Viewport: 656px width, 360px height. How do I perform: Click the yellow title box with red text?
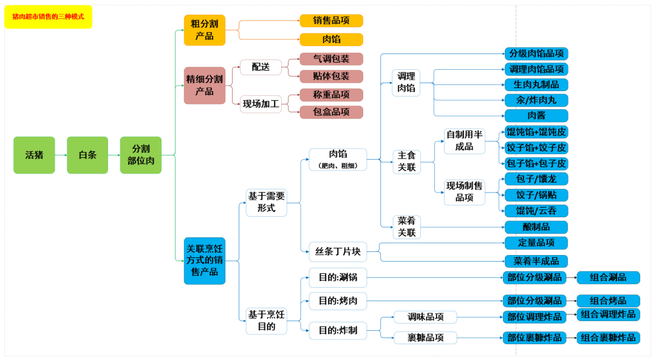tap(48, 16)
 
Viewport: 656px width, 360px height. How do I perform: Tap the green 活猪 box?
tap(34, 155)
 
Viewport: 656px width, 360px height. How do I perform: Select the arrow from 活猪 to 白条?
tap(61, 155)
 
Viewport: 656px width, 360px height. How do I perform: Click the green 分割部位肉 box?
tap(141, 155)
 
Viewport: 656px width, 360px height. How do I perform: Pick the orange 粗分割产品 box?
tap(205, 30)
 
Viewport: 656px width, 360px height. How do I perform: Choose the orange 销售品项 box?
tap(331, 21)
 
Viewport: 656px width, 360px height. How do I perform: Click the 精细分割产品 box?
tap(205, 85)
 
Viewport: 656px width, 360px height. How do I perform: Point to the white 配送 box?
tap(261, 67)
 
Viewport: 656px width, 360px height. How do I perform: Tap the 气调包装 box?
tap(331, 59)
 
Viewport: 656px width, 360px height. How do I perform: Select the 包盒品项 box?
tap(331, 112)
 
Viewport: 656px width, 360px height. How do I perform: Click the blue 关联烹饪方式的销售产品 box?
tap(205, 260)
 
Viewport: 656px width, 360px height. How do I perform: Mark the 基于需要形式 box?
tap(266, 202)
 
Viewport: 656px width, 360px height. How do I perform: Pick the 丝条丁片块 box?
tap(338, 251)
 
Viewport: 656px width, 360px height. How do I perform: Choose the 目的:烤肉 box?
tap(338, 301)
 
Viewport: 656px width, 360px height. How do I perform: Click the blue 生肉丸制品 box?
tap(536, 84)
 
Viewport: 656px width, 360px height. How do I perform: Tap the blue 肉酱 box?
tap(536, 115)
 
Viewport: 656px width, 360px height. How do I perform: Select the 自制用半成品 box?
tap(464, 140)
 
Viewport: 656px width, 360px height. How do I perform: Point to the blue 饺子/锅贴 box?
tap(536, 195)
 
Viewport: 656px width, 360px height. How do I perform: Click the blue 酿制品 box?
tap(536, 227)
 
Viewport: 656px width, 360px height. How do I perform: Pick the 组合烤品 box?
tap(608, 301)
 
